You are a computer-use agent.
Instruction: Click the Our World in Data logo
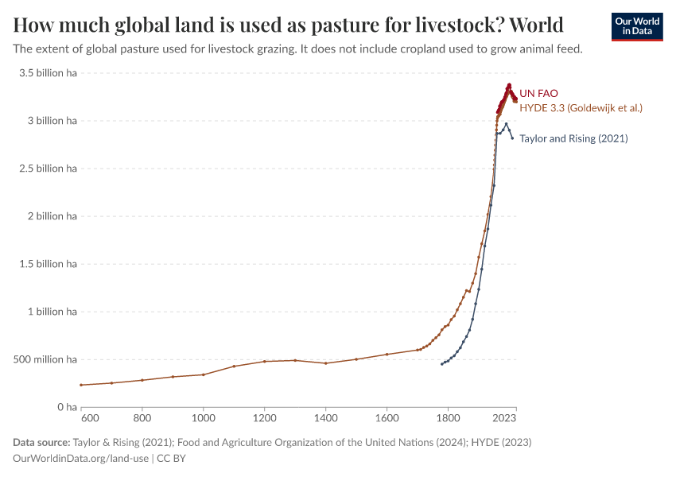click(636, 26)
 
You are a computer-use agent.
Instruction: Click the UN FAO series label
click(538, 93)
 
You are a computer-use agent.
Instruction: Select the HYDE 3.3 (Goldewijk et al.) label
click(581, 107)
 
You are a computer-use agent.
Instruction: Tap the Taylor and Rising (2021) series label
click(573, 138)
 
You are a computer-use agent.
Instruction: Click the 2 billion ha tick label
click(51, 216)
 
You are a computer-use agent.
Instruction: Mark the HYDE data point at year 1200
click(265, 362)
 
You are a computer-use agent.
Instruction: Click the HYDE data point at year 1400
click(326, 363)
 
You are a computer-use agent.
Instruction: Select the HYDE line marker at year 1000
click(204, 374)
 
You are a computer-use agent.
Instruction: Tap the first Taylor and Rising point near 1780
click(442, 364)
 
